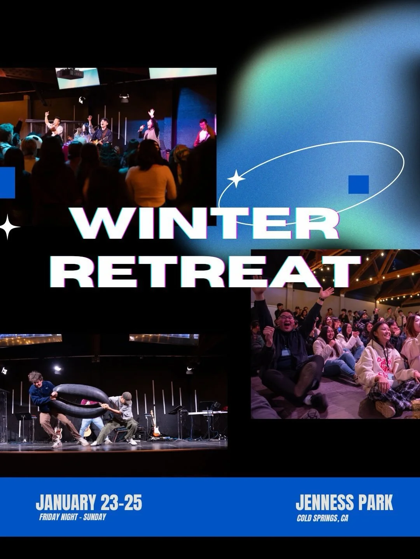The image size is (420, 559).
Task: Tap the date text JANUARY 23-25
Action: [89, 503]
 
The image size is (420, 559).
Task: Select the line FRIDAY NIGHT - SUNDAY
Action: [72, 517]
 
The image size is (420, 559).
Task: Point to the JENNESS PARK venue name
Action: [344, 503]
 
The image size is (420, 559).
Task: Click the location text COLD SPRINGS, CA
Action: [322, 518]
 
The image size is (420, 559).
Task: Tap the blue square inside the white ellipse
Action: [358, 184]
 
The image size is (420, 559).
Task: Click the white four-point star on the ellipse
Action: [236, 179]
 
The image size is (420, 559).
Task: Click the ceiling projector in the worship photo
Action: [70, 73]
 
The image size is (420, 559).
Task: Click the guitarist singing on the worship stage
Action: [103, 132]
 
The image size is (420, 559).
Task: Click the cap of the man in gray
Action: [127, 396]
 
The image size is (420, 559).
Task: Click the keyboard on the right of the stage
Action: [208, 412]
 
